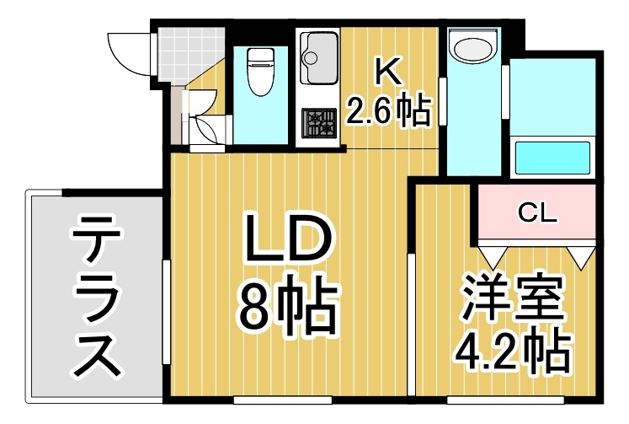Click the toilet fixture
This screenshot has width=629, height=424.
pyautogui.click(x=260, y=72)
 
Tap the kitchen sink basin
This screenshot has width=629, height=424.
pyautogui.click(x=319, y=58)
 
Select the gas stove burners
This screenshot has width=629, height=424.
pyautogui.click(x=319, y=123)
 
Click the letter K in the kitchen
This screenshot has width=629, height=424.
pyautogui.click(x=388, y=72)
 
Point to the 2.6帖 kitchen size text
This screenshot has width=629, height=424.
pyautogui.click(x=388, y=110)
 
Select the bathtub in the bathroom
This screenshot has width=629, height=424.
pyautogui.click(x=552, y=157)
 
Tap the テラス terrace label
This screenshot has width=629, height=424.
pyautogui.click(x=95, y=296)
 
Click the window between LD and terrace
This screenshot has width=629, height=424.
pyautogui.click(x=166, y=312)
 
